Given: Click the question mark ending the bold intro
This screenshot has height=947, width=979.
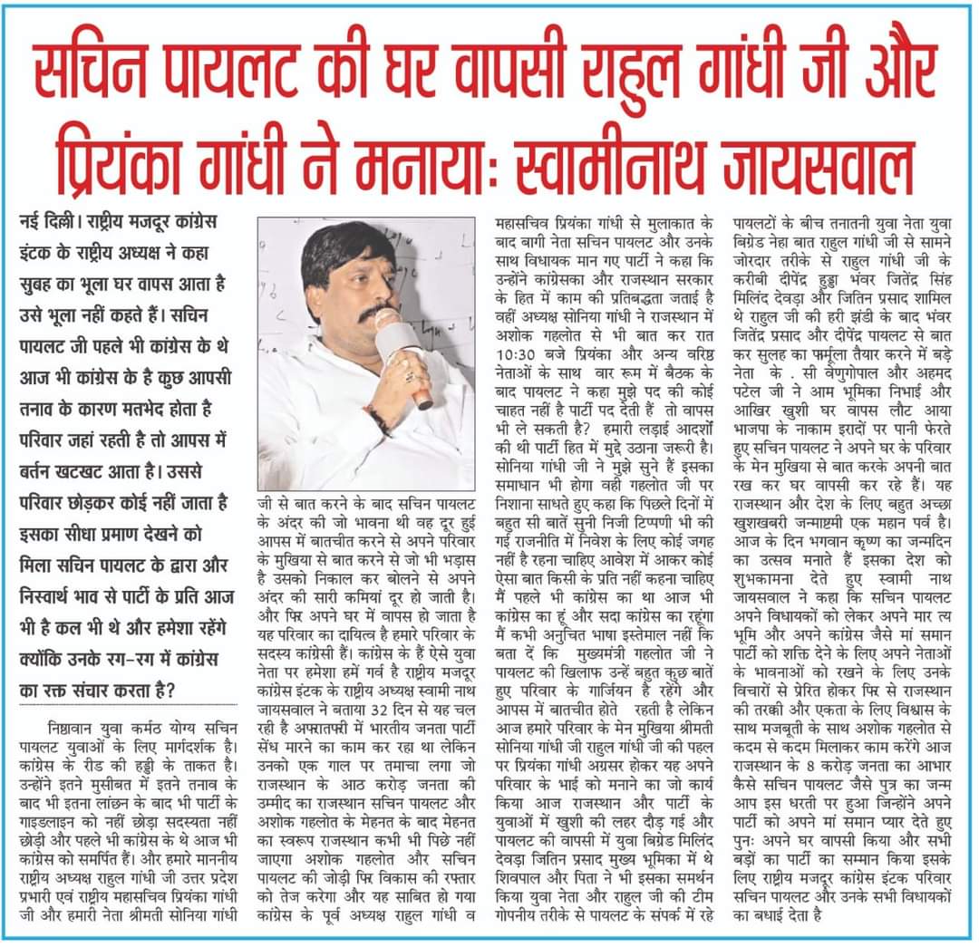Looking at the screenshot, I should pyautogui.click(x=170, y=689).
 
